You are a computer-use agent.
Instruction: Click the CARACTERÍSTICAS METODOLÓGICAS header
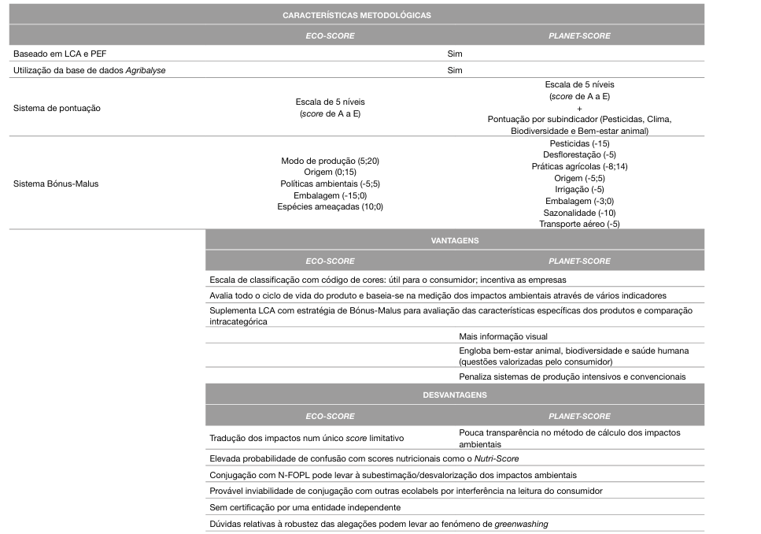356,15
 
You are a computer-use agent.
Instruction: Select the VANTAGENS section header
454,240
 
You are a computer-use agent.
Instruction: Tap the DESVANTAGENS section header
454,395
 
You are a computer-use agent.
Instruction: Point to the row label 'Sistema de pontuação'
57,108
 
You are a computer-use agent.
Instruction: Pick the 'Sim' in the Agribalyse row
454,70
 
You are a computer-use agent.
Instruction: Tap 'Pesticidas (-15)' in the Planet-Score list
579,143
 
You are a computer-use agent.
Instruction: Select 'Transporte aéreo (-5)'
579,224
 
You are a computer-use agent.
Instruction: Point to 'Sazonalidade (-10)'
579,213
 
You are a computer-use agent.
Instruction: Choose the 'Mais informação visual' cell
503,336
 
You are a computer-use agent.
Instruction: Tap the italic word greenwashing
521,523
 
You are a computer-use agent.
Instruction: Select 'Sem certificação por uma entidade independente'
305,507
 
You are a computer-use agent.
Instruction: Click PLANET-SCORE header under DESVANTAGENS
579,416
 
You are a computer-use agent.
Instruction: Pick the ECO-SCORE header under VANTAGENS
330,261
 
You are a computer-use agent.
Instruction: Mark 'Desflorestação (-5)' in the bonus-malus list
579,155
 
